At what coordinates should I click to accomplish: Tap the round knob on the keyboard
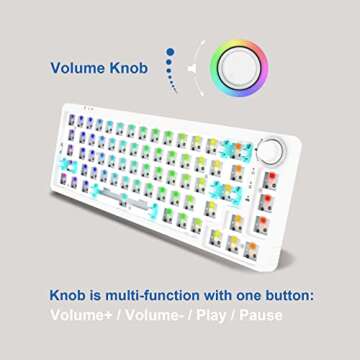[x=271, y=150]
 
